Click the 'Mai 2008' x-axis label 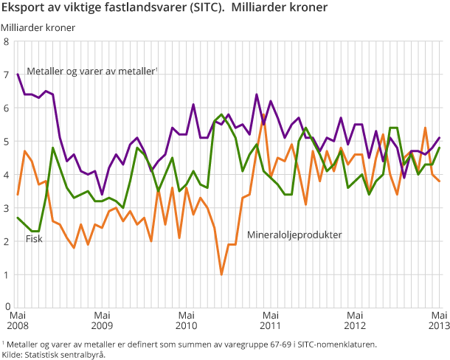click(18, 319)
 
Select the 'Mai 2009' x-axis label click(102, 319)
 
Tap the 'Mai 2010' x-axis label click(187, 319)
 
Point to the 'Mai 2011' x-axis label click(271, 319)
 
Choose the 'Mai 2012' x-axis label click(355, 319)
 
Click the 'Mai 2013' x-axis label click(437, 319)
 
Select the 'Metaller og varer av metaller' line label click(92, 72)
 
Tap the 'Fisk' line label click(34, 238)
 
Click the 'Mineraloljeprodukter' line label click(294, 235)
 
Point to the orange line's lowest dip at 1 click(221, 274)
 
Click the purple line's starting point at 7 click(18, 75)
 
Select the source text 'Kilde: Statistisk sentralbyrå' click(53, 354)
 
